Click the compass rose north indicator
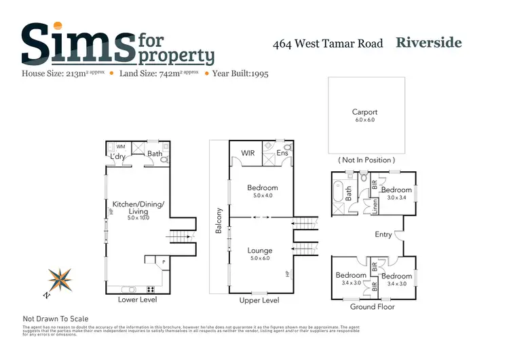click(59, 280)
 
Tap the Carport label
click(364, 112)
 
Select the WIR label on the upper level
click(248, 154)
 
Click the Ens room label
click(282, 154)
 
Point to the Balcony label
click(219, 221)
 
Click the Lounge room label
click(259, 251)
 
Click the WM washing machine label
click(121, 146)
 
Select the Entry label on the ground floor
click(383, 234)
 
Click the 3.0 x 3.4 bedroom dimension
click(396, 198)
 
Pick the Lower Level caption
click(137, 300)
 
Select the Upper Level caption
click(260, 300)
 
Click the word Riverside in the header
click(429, 43)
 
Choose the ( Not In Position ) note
click(365, 160)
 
